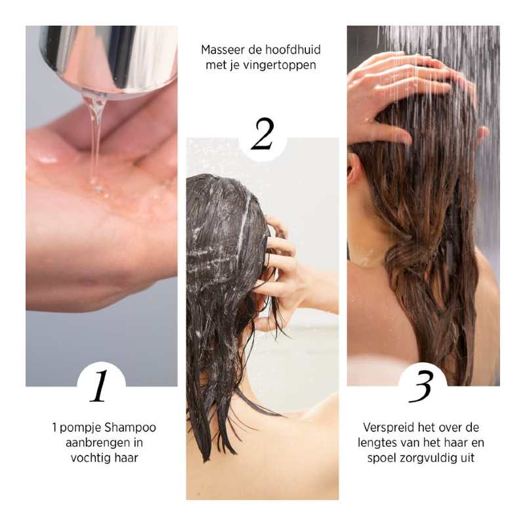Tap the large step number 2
(262, 135)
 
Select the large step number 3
(421, 387)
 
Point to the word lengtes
(382, 442)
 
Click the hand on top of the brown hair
(400, 92)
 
